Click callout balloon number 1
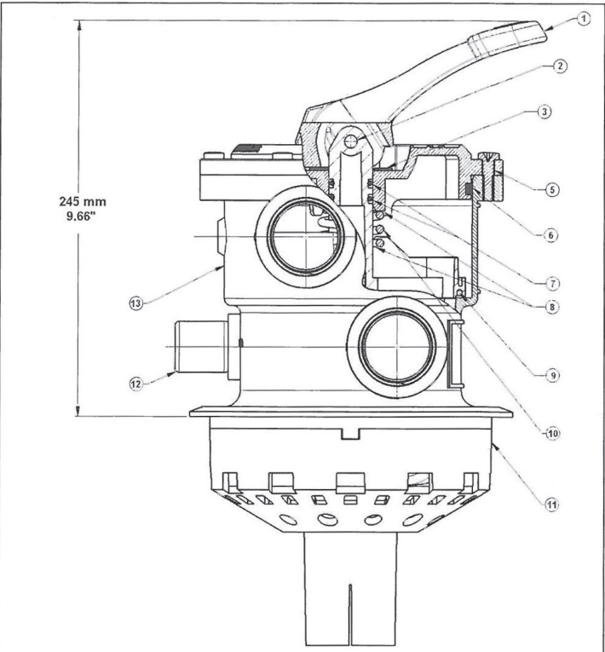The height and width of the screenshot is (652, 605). click(x=584, y=19)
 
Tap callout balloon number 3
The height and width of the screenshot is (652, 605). click(x=544, y=112)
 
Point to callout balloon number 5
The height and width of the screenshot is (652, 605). click(x=552, y=189)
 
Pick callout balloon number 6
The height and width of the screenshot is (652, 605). click(x=551, y=235)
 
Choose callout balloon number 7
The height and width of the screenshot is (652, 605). click(x=553, y=284)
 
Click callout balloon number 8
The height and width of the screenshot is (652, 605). click(x=552, y=307)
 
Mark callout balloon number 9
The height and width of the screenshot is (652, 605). click(x=553, y=376)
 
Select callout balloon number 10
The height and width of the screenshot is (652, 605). click(x=553, y=434)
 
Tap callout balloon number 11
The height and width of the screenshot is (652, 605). click(x=552, y=505)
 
